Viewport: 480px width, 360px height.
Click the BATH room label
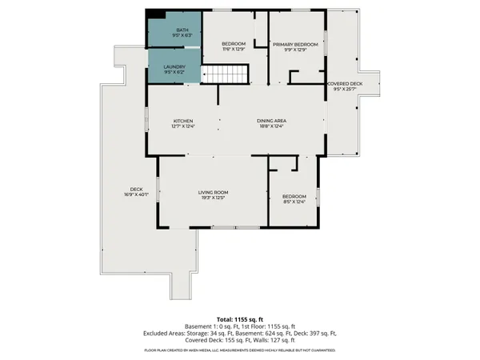174,30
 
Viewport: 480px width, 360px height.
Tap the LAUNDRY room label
174,66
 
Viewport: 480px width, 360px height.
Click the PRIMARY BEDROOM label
294,44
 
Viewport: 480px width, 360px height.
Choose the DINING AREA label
271,121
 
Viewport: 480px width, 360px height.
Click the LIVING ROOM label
213,192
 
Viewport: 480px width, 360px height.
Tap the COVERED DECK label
346,83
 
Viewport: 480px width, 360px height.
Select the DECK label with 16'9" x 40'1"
132,189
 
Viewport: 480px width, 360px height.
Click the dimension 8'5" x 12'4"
294,201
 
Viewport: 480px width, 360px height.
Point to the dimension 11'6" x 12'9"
233,49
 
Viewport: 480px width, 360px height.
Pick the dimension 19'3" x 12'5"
213,198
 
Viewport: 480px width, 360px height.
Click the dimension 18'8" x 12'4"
271,126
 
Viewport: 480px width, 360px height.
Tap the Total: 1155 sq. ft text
239,318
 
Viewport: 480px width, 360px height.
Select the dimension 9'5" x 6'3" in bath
174,35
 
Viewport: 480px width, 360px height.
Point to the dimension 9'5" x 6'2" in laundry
174,72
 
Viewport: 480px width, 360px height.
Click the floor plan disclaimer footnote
239,350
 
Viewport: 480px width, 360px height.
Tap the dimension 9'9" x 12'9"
294,50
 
